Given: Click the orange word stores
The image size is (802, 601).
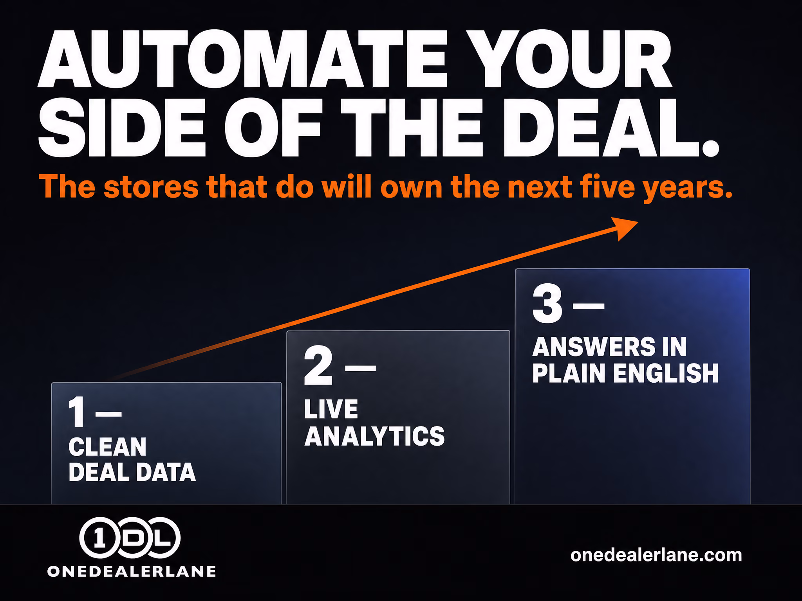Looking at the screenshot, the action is pyautogui.click(x=151, y=187).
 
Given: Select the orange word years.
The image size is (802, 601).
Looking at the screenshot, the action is pyautogui.click(x=688, y=189).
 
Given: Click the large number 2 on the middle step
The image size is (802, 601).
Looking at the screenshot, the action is pyautogui.click(x=318, y=365).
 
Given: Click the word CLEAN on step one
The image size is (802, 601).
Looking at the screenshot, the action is pyautogui.click(x=107, y=447).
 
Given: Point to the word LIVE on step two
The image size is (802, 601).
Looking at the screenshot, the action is pyautogui.click(x=331, y=409).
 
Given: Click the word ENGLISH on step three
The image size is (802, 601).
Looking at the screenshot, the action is pyautogui.click(x=666, y=373).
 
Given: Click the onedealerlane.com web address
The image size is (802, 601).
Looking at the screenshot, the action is pyautogui.click(x=656, y=555).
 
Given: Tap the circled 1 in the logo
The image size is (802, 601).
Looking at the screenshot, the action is pyautogui.click(x=99, y=538).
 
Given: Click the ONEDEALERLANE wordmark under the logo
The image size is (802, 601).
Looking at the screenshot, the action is pyautogui.click(x=132, y=571).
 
